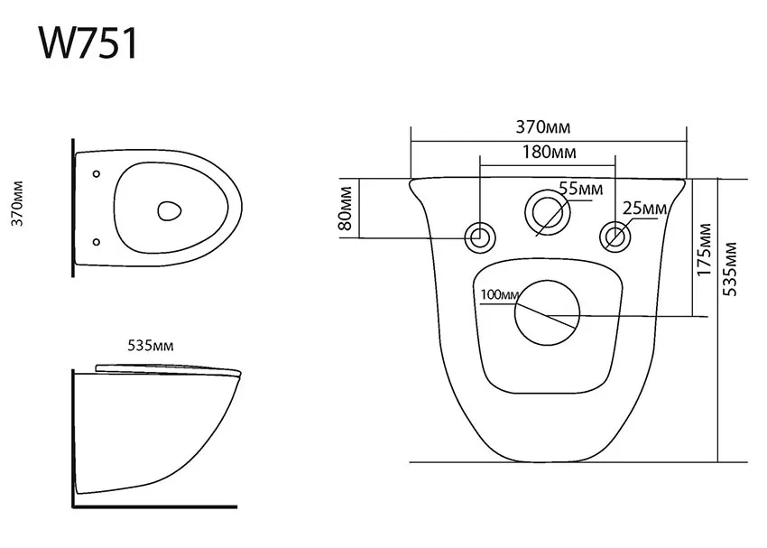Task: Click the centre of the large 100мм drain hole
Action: coord(548,312)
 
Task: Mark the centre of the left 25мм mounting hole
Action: coord(480,237)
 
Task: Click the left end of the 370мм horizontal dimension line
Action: coord(411,142)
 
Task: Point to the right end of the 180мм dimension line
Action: coord(615,166)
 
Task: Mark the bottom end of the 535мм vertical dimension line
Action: coord(717,461)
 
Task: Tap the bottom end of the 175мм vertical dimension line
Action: coord(693,316)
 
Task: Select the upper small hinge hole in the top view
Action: coord(97,173)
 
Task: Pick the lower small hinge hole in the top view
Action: coord(97,242)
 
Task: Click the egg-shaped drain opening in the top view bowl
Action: coord(170,210)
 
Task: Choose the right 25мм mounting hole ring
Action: coord(615,237)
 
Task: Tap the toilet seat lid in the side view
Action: coord(168,370)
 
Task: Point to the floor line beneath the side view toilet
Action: coord(155,506)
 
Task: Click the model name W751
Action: coord(88,43)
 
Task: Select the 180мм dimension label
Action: coord(549,153)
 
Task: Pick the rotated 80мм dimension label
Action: coord(346,209)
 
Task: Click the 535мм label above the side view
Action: coord(151,346)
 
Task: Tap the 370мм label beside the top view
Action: coord(18,203)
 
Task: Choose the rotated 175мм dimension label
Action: coord(704,249)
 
